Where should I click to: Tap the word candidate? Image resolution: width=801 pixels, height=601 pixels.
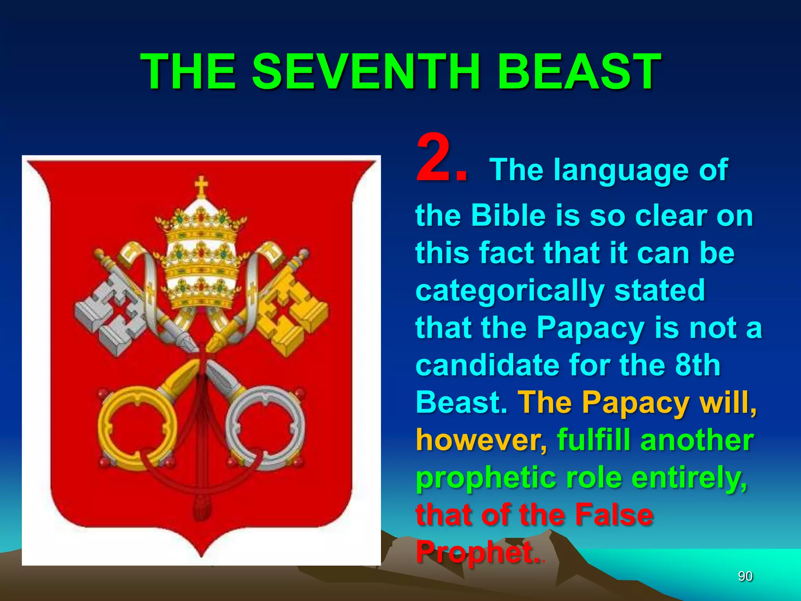pyautogui.click(x=487, y=365)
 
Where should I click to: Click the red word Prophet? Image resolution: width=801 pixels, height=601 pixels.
pyautogui.click(x=475, y=552)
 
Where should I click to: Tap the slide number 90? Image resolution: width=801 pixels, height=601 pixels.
pyautogui.click(x=745, y=576)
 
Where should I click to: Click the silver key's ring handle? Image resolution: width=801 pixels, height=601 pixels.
pyautogui.click(x=266, y=426)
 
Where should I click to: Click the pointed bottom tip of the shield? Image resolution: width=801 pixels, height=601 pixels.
pyautogui.click(x=201, y=555)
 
